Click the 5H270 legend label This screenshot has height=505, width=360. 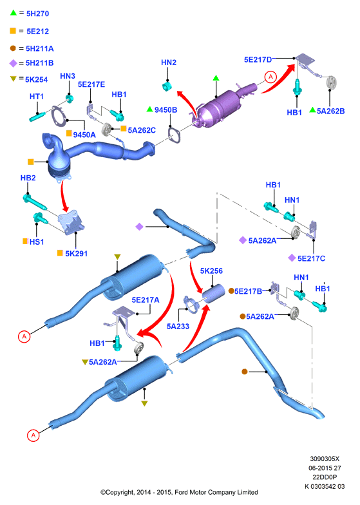(x=37, y=14)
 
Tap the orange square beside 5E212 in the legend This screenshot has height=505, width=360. (x=13, y=31)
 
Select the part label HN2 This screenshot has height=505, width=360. (x=169, y=62)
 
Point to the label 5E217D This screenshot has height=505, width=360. (x=258, y=59)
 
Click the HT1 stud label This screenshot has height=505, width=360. (x=36, y=97)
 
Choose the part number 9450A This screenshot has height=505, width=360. (x=84, y=135)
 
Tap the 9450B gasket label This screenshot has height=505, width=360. (x=166, y=110)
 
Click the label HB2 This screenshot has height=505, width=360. (x=28, y=178)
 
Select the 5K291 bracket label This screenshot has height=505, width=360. (x=76, y=254)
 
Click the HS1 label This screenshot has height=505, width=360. (x=37, y=242)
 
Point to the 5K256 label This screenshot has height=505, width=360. (x=211, y=271)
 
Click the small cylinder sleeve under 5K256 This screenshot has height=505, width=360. (x=213, y=294)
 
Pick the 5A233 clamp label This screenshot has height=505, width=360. (x=178, y=326)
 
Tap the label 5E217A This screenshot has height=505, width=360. (x=146, y=300)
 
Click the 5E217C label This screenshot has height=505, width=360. (x=312, y=258)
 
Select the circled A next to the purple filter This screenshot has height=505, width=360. (x=270, y=77)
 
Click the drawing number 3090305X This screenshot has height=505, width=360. (x=325, y=459)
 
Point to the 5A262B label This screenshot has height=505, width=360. (x=331, y=111)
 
